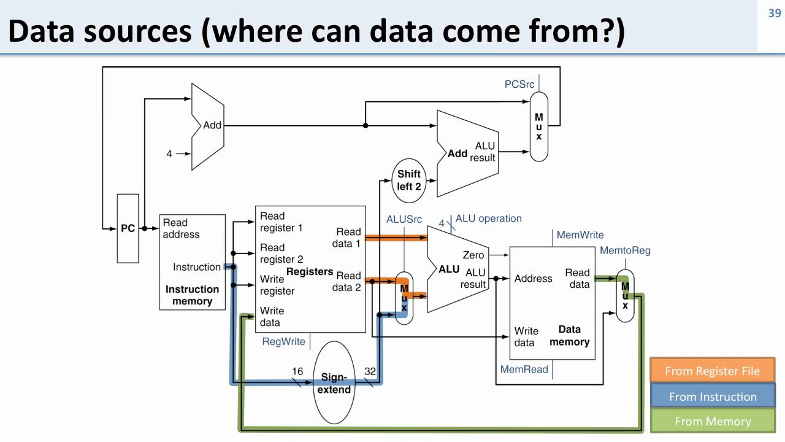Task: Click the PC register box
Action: pyautogui.click(x=128, y=228)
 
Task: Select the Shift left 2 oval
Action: pyautogui.click(x=409, y=180)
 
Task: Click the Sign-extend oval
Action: pyautogui.click(x=335, y=383)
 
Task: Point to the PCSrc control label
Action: pyautogui.click(x=519, y=84)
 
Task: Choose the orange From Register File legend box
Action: pyautogui.click(x=712, y=371)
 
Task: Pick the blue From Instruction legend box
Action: pyautogui.click(x=712, y=397)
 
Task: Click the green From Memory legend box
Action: pyautogui.click(x=712, y=421)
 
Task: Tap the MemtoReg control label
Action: pyautogui.click(x=624, y=250)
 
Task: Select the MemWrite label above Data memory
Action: pyautogui.click(x=580, y=235)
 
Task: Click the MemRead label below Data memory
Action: pyautogui.click(x=524, y=370)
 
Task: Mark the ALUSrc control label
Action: pyautogui.click(x=404, y=219)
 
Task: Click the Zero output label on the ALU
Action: pyautogui.click(x=473, y=255)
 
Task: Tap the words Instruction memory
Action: pyautogui.click(x=192, y=295)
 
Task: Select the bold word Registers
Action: pyautogui.click(x=310, y=272)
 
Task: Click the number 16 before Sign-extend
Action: pyautogui.click(x=297, y=371)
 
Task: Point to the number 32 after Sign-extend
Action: pyautogui.click(x=370, y=371)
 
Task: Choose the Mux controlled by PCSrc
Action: pyautogui.click(x=538, y=126)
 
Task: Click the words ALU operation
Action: pyautogui.click(x=488, y=219)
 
